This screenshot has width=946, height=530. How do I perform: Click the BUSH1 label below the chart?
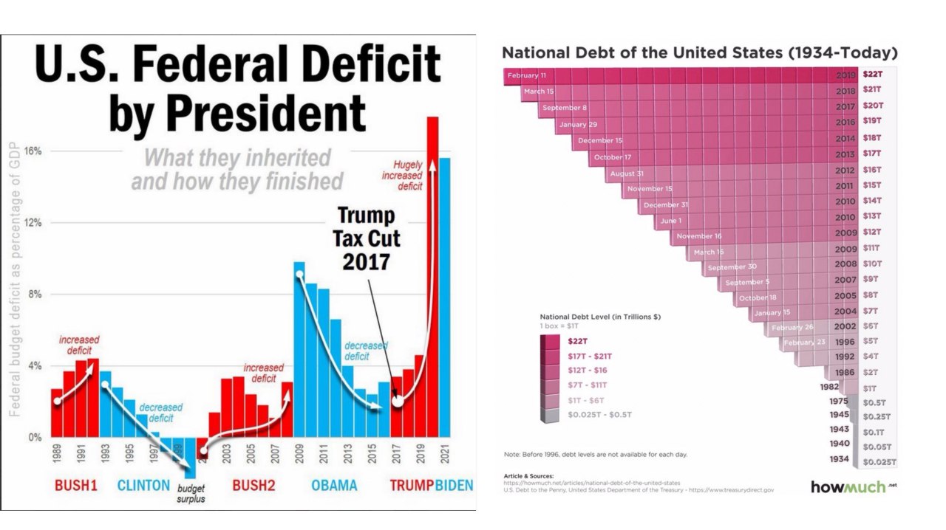pos(76,486)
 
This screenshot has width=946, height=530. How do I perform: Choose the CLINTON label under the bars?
pos(143,486)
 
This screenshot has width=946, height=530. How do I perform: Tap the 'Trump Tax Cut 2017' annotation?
pos(366,238)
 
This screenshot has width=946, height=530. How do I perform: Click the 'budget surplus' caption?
pos(191,493)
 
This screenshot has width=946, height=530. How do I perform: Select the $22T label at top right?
pos(873,75)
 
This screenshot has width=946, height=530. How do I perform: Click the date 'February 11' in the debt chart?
pos(527,75)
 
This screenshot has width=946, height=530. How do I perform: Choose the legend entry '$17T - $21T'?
pos(589,356)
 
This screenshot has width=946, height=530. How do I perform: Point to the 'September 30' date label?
pos(732,266)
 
